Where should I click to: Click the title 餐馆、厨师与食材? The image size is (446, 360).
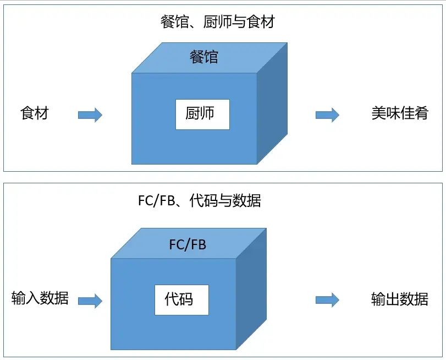click(217, 23)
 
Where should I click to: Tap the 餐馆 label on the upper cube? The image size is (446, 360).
click(204, 57)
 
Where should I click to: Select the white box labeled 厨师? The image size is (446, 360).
click(202, 114)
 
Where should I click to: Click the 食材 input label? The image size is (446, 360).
click(35, 113)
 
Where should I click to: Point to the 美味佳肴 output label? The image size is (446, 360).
click(399, 113)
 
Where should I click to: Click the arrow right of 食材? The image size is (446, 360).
click(90, 115)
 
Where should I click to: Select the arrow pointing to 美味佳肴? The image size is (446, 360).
click(327, 115)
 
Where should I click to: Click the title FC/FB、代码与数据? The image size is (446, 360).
click(199, 200)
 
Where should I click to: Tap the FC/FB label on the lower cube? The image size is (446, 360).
click(188, 244)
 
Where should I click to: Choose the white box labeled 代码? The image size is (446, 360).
click(181, 299)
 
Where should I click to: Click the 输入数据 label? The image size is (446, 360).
click(40, 298)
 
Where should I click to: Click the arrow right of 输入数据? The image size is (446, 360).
click(90, 301)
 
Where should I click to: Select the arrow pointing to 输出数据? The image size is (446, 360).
click(327, 301)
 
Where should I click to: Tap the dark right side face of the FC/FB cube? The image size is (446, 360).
click(251, 289)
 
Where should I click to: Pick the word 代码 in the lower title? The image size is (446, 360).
click(202, 200)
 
